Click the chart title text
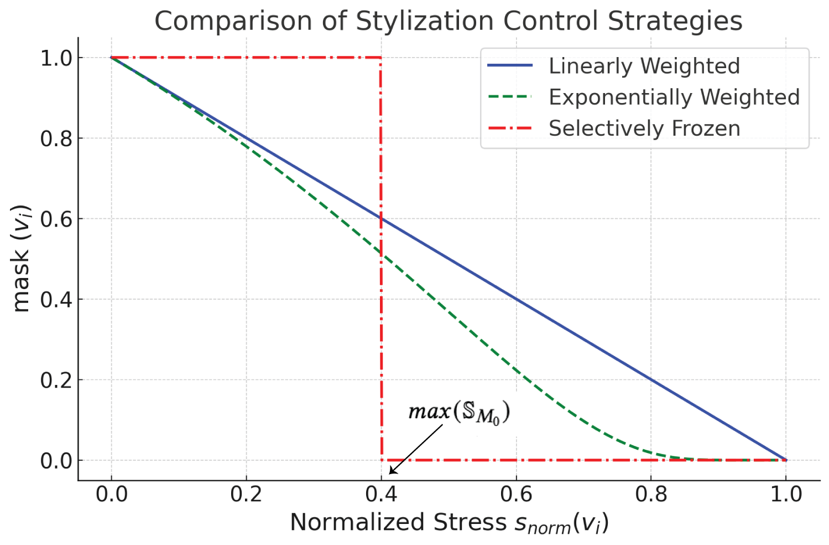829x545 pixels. pos(448,21)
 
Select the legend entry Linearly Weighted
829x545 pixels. pos(644,66)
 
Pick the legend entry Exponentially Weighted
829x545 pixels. pos(674,97)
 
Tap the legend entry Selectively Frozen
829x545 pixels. pos(644,128)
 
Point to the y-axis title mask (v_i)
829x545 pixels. pos(21,259)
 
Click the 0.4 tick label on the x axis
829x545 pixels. pos(381,494)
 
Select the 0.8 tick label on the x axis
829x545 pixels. pos(651,494)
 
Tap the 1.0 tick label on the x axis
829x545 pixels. pos(786,494)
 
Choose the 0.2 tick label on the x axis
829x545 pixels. pos(246,494)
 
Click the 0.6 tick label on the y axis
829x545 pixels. pos(56,219)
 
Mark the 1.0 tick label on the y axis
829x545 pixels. pos(56,58)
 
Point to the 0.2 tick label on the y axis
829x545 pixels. pos(56,381)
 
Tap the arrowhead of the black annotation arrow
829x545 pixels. pos(390,473)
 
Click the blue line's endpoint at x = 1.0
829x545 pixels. pos(786,460)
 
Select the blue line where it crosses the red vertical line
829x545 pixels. pos(381,219)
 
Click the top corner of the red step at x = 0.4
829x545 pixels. pos(380,58)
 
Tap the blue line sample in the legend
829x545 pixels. pos(509,66)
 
